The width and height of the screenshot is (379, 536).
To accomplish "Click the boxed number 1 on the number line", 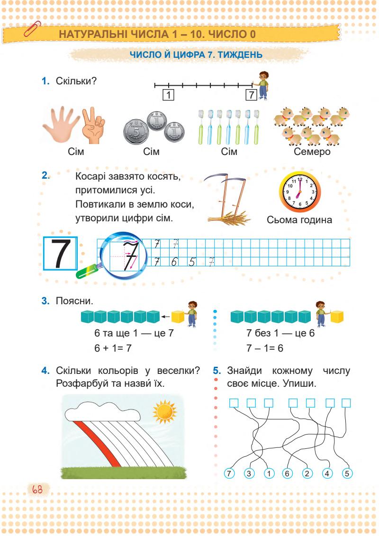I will [167, 94].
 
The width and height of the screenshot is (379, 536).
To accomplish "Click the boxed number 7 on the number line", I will [251, 94].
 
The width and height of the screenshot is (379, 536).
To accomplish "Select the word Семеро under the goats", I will [312, 152].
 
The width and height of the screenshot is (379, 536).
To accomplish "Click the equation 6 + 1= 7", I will [114, 348].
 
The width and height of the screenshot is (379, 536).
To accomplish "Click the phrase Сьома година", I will [299, 219].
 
